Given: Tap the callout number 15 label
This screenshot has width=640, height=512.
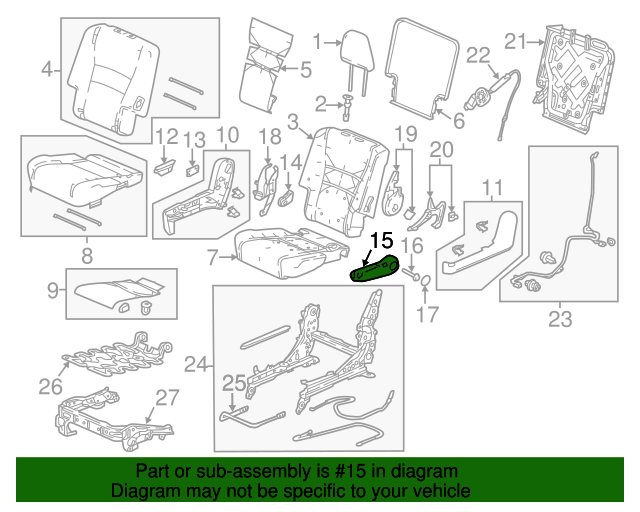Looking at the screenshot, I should [382, 240].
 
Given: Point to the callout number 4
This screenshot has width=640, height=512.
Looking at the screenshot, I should [46, 69].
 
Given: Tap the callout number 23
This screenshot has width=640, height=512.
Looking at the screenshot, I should [560, 321].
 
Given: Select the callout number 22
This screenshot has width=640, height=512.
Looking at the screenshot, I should [478, 55].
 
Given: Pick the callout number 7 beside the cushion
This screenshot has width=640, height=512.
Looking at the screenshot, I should [213, 257].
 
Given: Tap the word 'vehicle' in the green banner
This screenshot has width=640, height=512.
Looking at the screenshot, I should [441, 491].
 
